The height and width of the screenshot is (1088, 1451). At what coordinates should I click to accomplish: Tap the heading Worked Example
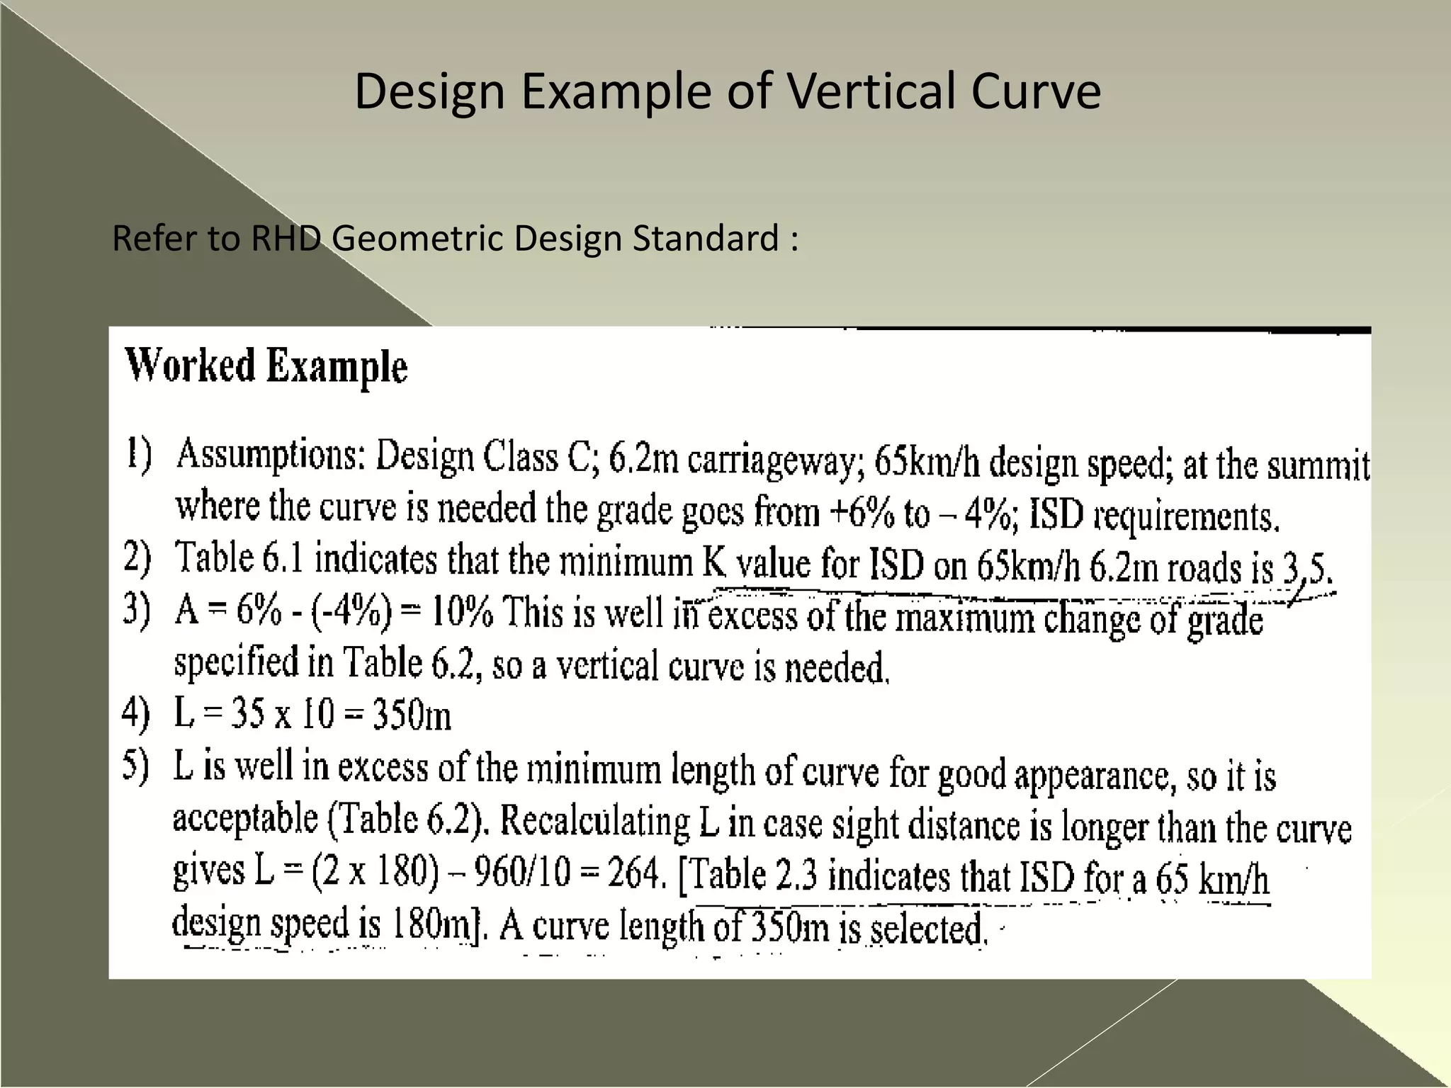[x=266, y=366]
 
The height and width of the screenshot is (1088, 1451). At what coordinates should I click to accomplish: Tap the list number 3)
[x=136, y=610]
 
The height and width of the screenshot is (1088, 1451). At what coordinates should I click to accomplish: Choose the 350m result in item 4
[x=412, y=715]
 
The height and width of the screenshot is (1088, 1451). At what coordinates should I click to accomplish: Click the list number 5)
[x=136, y=767]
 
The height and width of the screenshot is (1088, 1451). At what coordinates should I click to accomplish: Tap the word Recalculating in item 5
[x=596, y=822]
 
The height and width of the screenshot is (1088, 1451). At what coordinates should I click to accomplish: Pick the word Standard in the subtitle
[x=705, y=238]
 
